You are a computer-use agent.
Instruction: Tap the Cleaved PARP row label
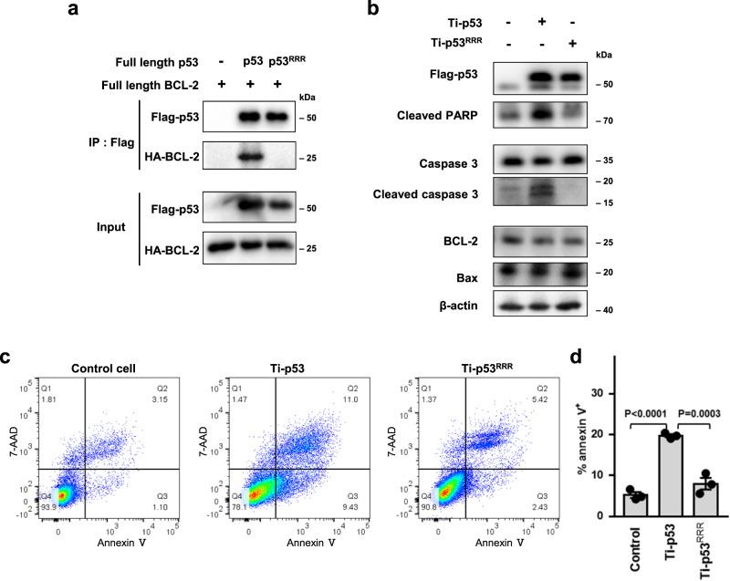(434, 117)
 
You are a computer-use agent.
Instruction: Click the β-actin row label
(453, 306)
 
